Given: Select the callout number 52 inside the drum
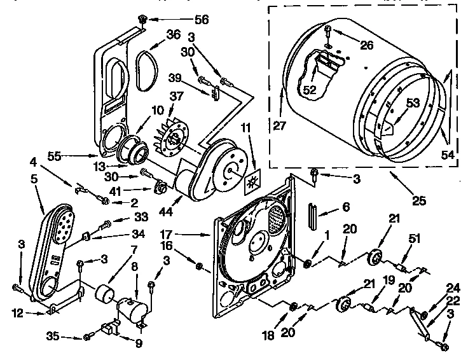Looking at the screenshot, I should (x=310, y=90).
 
